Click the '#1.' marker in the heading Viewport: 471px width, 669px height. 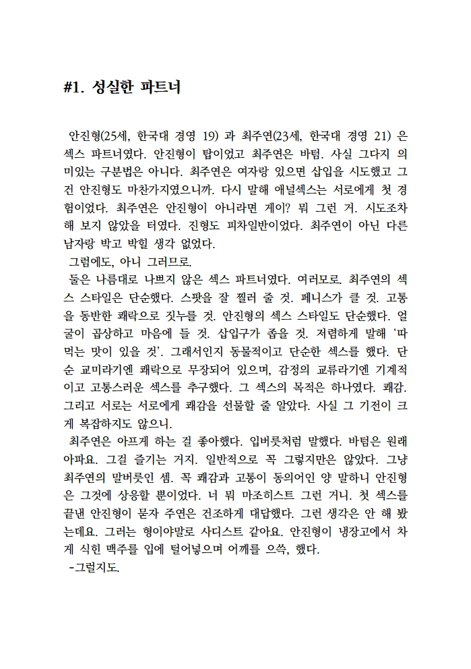[x=72, y=88]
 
